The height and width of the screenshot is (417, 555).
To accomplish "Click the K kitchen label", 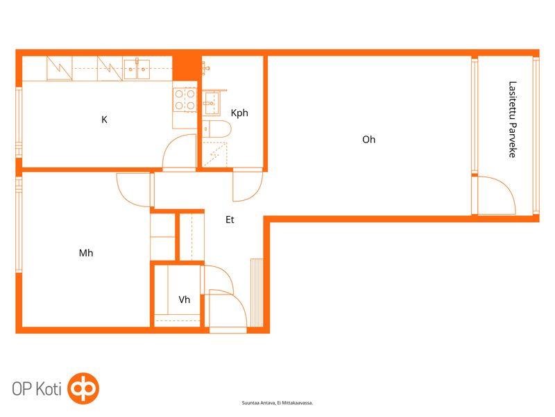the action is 104,120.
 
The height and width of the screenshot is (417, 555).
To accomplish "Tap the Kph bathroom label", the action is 239,113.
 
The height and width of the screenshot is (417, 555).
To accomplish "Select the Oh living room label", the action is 368,140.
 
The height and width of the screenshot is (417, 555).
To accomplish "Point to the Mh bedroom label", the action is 86,253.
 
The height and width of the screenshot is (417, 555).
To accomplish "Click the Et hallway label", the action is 230,220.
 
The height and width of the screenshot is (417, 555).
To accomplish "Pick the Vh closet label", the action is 184,300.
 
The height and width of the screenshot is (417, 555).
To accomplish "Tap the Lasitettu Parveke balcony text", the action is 512,119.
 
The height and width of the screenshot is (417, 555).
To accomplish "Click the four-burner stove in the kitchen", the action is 185,99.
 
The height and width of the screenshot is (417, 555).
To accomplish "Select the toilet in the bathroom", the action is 216,129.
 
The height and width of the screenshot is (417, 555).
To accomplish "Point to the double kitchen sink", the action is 137,69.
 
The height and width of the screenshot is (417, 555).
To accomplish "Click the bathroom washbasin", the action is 212,103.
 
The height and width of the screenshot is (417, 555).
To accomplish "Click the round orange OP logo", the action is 83,389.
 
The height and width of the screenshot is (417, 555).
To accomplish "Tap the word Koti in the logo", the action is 49,389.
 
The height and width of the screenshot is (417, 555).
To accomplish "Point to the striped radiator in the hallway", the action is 257,293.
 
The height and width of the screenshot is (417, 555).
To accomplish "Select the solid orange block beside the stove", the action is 186,68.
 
